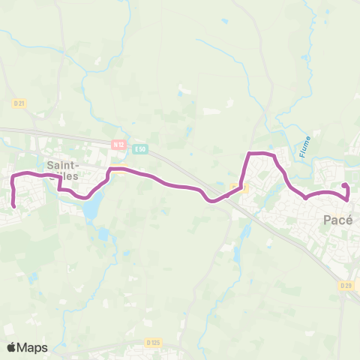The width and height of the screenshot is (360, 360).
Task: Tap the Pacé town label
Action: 339,219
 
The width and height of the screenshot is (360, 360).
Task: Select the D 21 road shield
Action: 20,103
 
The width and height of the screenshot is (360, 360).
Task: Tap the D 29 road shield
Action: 346,286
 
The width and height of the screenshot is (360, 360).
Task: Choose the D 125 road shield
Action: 154,343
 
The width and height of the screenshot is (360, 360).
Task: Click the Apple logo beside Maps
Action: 11,347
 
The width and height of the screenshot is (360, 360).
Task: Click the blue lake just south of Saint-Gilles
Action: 91,210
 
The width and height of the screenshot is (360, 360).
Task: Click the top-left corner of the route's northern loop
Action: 250,154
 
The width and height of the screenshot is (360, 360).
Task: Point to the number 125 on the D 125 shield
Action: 156,343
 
